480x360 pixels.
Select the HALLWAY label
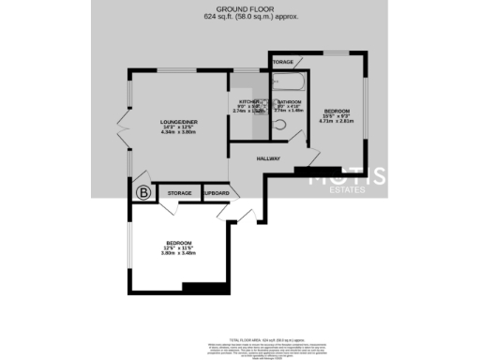268,158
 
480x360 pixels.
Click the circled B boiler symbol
143,193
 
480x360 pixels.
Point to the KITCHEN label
248,101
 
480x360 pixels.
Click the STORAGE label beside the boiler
179,194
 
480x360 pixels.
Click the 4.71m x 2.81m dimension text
337,121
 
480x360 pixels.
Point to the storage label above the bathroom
283,62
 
